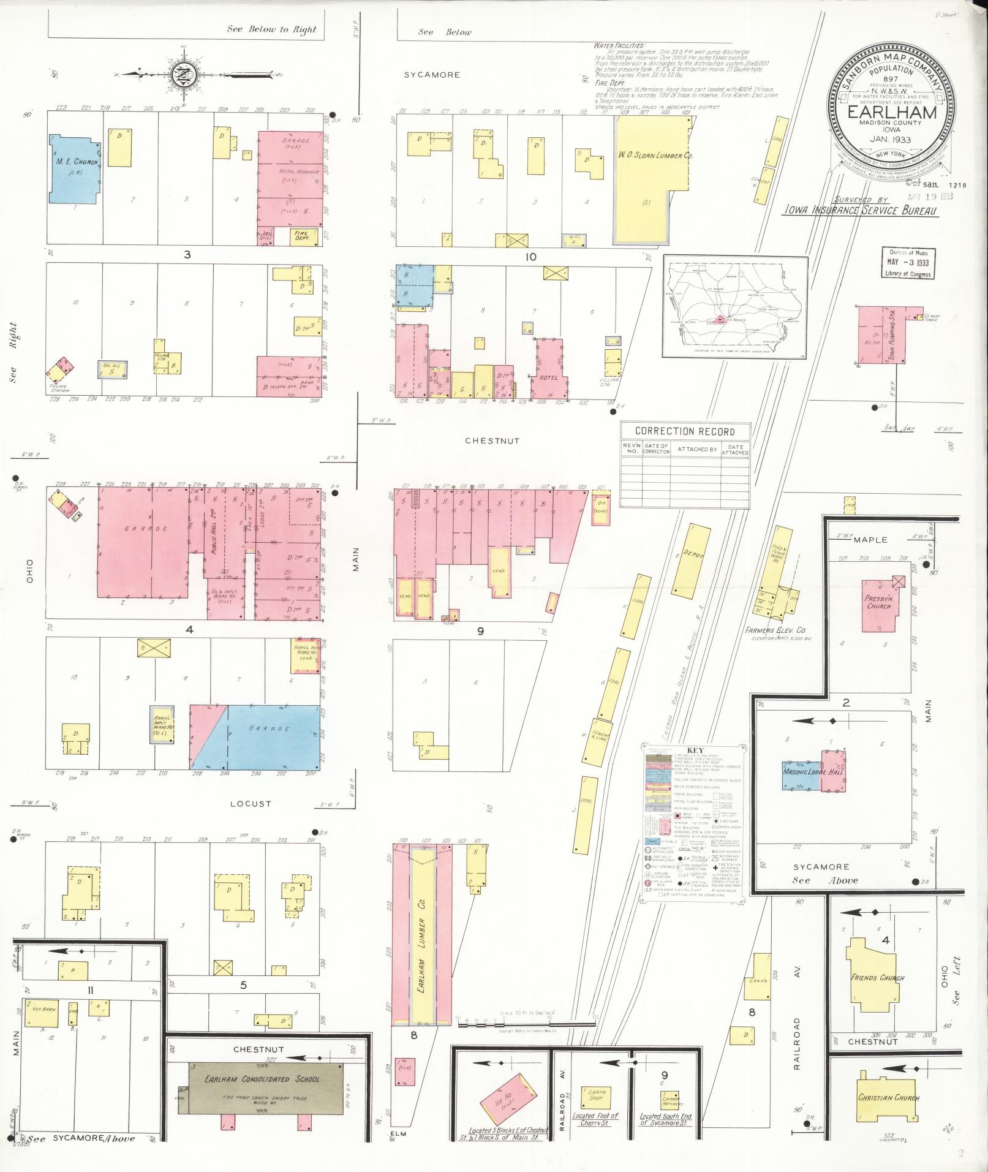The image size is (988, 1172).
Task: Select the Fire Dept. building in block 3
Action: click(301, 236)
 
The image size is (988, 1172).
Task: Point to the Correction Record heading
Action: click(685, 431)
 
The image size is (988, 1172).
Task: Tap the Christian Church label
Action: click(888, 1097)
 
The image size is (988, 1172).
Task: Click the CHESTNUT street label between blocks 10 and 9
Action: click(500, 440)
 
